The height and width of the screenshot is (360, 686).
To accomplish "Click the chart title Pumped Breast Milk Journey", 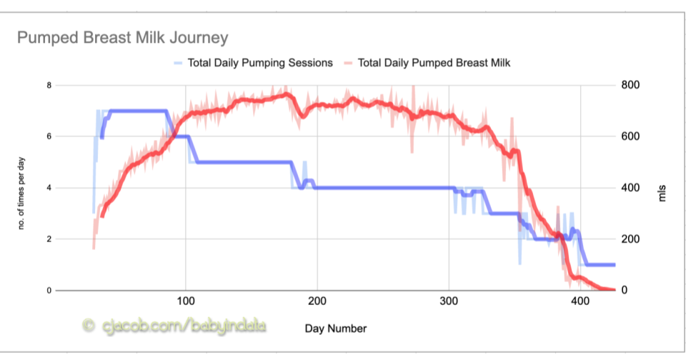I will [122, 37].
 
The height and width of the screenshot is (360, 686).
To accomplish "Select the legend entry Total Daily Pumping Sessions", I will [260, 63].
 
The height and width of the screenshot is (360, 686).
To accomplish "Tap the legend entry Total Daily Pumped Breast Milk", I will [434, 63].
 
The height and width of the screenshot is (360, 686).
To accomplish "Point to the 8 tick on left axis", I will [49, 85].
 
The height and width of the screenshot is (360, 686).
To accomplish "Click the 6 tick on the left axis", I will [49, 136].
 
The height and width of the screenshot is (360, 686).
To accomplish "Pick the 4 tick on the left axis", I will [49, 188].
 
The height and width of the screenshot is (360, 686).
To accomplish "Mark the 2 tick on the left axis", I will [49, 239].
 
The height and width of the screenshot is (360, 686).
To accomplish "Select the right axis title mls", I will [662, 188].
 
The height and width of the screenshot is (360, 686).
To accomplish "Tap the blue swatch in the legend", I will [178, 63].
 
